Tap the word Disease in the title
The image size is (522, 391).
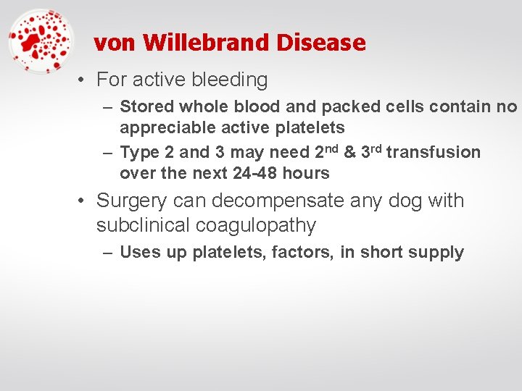tap(320, 43)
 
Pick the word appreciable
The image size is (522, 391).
tap(163, 128)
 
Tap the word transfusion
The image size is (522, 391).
tap(433, 152)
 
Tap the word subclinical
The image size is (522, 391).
tap(143, 225)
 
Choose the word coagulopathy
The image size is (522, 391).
tap(255, 225)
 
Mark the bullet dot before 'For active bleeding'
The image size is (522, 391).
tap(84, 80)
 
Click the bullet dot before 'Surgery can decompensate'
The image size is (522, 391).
tap(84, 201)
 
